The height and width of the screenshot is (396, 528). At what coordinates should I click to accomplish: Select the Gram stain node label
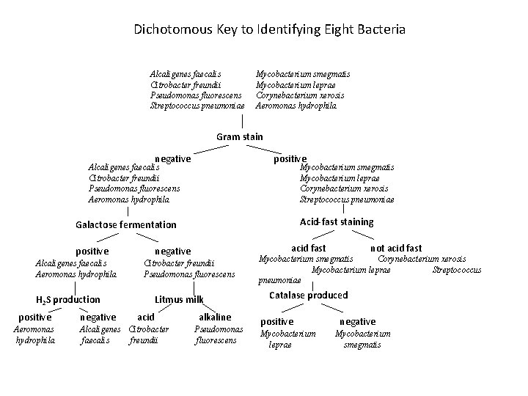[x=239, y=137]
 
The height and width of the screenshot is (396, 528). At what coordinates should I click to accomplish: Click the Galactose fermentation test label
[x=126, y=224]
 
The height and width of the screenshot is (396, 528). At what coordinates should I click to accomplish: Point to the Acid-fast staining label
[x=337, y=221]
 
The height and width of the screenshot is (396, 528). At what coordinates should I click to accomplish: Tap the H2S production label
[x=68, y=299]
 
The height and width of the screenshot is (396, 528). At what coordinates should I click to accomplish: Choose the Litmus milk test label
[x=179, y=299]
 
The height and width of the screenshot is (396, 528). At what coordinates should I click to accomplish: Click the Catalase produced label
[x=309, y=295]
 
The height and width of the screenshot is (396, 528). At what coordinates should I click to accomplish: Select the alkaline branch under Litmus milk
[x=215, y=317]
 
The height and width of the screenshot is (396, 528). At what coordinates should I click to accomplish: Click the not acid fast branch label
[x=396, y=249]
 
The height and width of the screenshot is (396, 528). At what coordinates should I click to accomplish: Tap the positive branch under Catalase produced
[x=277, y=321]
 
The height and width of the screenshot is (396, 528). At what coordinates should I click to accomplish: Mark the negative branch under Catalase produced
[x=357, y=321]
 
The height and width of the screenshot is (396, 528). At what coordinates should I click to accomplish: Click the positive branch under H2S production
[x=34, y=317]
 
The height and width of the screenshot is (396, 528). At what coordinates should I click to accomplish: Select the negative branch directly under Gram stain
[x=172, y=159]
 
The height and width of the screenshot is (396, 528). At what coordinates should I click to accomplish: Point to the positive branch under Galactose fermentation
[x=92, y=252]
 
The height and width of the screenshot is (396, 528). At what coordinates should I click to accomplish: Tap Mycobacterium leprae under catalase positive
[x=288, y=339]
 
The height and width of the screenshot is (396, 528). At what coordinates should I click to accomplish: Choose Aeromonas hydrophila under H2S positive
[x=34, y=335]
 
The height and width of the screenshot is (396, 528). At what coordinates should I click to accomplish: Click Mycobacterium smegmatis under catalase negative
[x=363, y=339]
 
